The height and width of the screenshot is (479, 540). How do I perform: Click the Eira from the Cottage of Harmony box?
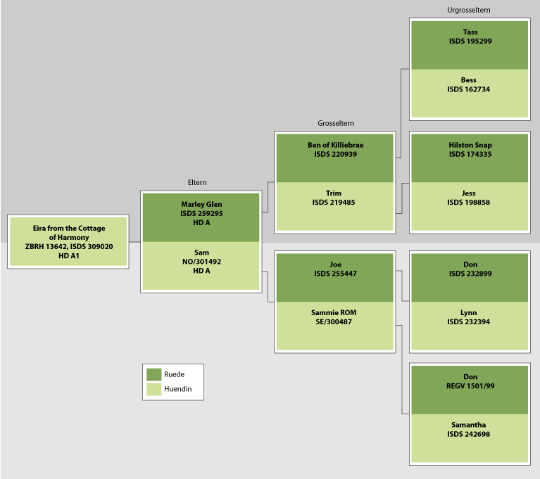tap(68, 241)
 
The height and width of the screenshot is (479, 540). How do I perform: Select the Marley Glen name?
tap(201, 204)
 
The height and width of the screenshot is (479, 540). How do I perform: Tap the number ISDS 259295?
tap(201, 213)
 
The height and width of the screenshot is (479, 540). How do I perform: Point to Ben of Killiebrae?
tap(335, 145)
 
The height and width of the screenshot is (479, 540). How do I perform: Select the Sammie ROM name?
tap(334, 312)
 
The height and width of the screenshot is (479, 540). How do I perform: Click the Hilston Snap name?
tap(470, 145)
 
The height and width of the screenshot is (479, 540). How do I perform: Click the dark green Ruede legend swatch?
tap(153, 374)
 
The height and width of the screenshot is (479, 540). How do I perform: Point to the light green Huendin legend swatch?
tap(153, 388)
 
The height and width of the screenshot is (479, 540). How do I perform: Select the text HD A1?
tap(68, 256)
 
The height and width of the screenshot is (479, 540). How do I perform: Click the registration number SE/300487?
tap(334, 321)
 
